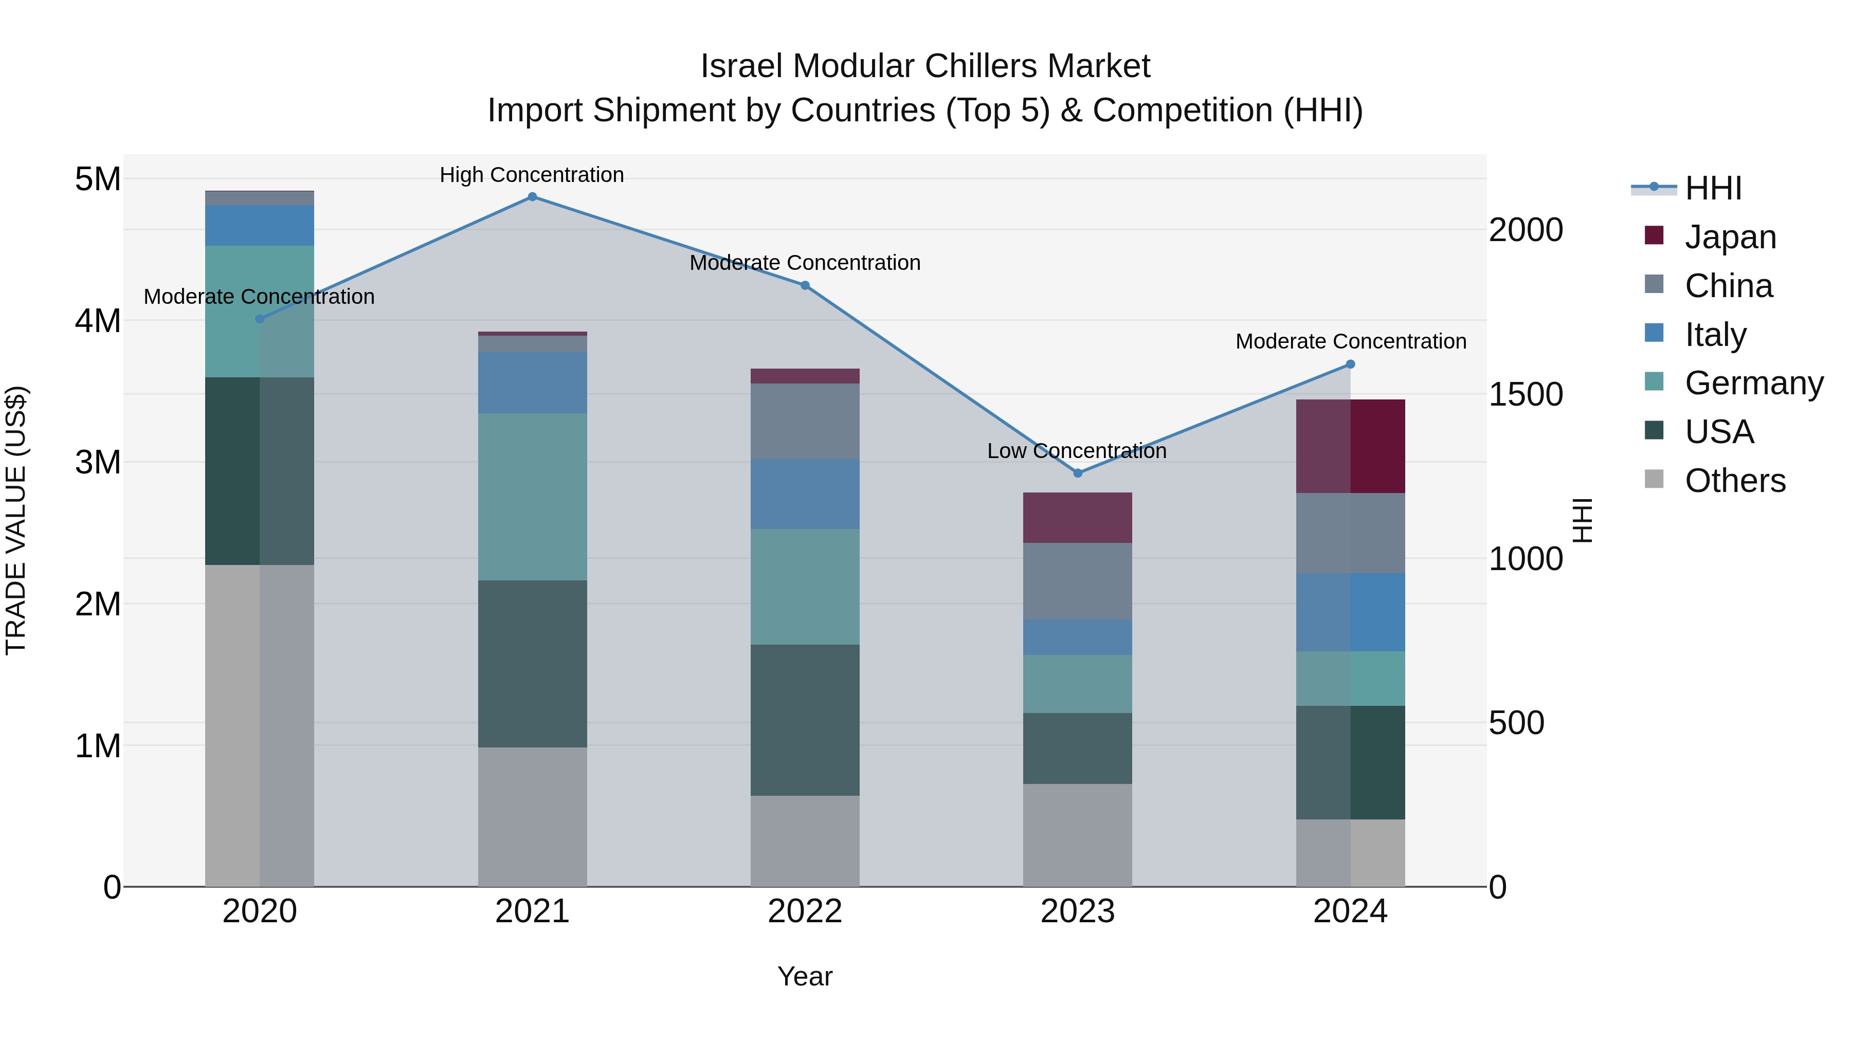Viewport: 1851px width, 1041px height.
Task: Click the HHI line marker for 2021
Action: [x=532, y=197]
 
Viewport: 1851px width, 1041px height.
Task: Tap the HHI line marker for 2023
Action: [x=1077, y=473]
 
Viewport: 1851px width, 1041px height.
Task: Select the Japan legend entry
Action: [x=1730, y=237]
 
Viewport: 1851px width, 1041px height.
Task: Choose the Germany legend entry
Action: [x=1753, y=383]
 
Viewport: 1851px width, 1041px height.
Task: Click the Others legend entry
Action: [x=1735, y=481]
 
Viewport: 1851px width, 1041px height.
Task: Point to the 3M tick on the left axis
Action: [x=98, y=463]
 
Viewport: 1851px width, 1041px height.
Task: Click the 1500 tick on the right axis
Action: [x=1525, y=394]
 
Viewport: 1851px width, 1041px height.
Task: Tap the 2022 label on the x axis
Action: [x=805, y=911]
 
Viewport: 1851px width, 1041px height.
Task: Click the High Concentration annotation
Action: [x=532, y=175]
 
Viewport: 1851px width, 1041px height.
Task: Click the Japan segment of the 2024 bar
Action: [x=1350, y=446]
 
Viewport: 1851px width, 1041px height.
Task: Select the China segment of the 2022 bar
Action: [x=805, y=421]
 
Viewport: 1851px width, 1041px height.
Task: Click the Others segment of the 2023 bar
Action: [x=1077, y=835]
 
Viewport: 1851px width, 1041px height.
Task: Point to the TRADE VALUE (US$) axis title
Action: [x=16, y=520]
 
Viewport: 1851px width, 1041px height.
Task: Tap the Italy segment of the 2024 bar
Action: [x=1350, y=612]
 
